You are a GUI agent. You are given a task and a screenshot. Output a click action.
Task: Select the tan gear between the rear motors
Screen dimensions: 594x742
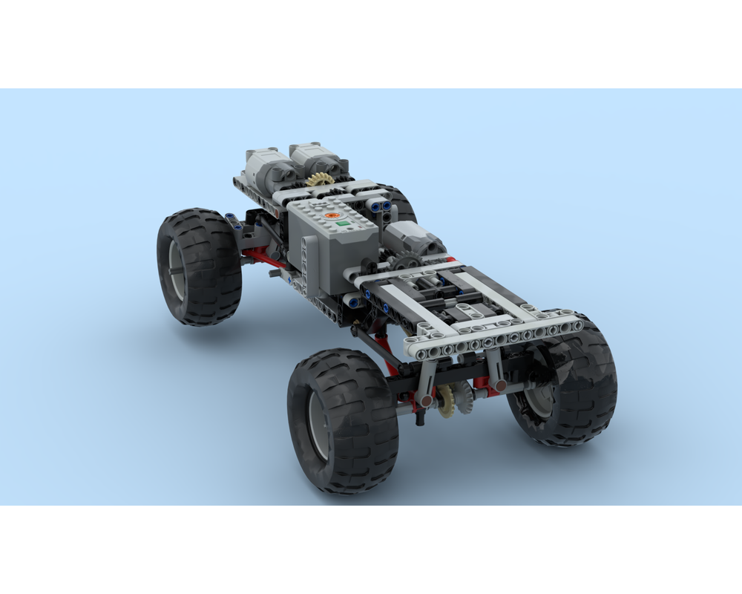coord(320,180)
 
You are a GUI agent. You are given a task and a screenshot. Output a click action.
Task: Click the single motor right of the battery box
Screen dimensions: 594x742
coord(413,238)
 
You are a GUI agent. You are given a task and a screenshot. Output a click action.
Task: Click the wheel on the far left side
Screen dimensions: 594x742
coord(198,265)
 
